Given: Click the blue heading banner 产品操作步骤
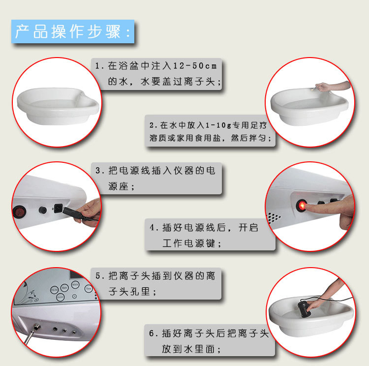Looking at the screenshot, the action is (x=73, y=31).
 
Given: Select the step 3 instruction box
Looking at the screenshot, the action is (x=156, y=178).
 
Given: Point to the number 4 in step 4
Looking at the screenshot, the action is (x=152, y=227).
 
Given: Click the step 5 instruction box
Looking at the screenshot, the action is (x=156, y=283).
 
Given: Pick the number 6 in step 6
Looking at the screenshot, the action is (x=152, y=333).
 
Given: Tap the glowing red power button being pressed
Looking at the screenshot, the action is (x=302, y=205).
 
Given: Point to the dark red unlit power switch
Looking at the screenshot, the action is (x=18, y=211).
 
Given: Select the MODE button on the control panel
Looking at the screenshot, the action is (x=75, y=284).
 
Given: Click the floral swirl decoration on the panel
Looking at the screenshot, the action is (x=30, y=294).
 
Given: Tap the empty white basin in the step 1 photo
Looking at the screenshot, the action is (x=58, y=106).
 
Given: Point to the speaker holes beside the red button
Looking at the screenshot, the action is (x=274, y=218).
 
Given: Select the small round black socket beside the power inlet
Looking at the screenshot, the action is (x=43, y=210).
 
